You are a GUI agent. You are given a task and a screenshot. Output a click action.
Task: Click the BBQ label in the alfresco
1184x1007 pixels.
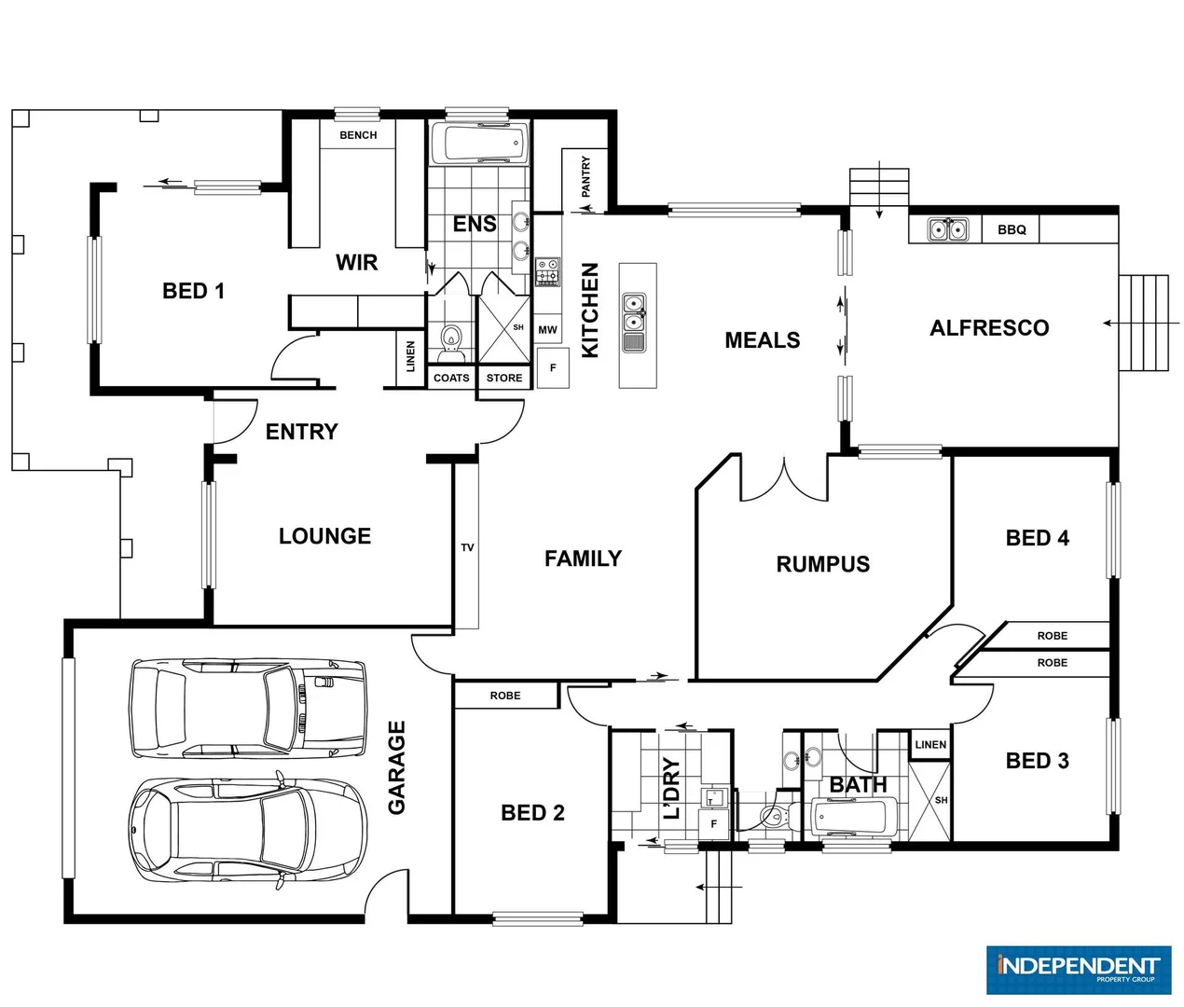coord(1012,229)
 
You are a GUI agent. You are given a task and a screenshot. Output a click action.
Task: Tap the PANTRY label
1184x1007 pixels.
coord(585,176)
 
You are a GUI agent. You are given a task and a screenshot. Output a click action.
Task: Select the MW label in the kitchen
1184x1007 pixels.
coord(547,330)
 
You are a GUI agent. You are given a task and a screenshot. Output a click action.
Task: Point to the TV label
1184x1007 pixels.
coord(467,547)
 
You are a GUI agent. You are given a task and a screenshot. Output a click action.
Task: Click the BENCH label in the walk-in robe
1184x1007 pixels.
coord(358,135)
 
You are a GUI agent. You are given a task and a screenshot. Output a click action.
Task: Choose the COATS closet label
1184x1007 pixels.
coord(451,378)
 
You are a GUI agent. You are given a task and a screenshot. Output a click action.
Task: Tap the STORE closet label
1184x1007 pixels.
coord(504,378)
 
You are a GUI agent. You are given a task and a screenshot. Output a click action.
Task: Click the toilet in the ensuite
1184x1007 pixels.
coord(451,339)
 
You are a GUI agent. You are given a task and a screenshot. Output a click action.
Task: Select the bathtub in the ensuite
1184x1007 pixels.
coord(479,144)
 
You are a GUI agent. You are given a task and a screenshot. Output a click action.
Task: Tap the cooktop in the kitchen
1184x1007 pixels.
coord(547,271)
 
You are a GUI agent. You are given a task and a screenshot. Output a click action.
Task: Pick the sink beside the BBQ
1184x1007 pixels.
coord(948,229)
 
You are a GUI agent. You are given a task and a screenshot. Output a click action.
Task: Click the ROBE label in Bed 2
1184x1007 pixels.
coord(505,696)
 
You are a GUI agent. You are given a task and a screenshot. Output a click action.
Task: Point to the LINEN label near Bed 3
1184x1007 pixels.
coord(930,745)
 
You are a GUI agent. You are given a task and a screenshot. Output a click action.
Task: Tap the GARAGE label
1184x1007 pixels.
coord(396,767)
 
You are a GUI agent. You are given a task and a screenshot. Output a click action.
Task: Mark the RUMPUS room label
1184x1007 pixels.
coord(822,564)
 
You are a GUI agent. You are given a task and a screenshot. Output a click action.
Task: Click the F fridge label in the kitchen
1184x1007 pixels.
coord(553,367)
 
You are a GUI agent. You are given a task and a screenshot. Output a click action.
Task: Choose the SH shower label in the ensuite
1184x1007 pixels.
coord(518,327)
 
